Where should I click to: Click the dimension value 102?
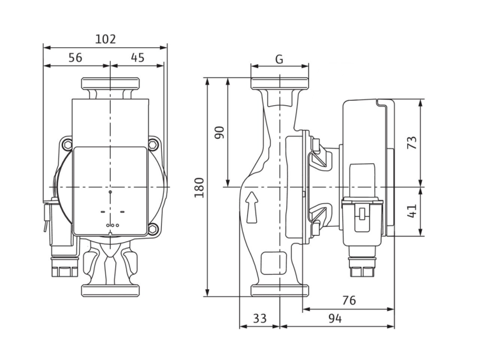tap(105, 39)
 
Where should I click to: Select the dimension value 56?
tap(75, 57)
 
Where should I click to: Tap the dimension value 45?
tap(137, 57)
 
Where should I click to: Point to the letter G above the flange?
tap(279, 59)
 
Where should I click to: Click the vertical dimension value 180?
tap(199, 187)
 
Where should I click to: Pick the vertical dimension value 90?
tap(219, 133)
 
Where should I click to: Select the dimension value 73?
tap(412, 143)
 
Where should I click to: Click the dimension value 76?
tap(349, 300)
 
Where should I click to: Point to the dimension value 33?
tap(259, 318)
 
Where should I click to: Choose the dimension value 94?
tap(336, 318)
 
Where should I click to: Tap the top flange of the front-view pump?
tap(110, 83)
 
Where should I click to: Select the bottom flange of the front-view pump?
tap(110, 291)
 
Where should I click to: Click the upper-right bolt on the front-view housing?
tap(153, 145)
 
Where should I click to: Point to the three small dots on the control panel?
tap(112, 226)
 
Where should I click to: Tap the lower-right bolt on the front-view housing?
tap(153, 230)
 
